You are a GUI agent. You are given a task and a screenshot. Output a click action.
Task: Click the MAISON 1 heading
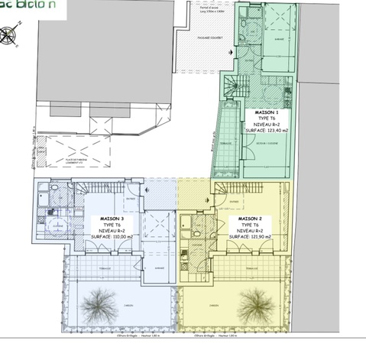265,112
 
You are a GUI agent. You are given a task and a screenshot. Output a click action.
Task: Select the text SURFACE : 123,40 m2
266,131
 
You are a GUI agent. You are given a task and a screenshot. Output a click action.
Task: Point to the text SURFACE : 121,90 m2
250,237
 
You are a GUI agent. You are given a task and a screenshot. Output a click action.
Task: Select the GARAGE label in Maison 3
159,268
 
